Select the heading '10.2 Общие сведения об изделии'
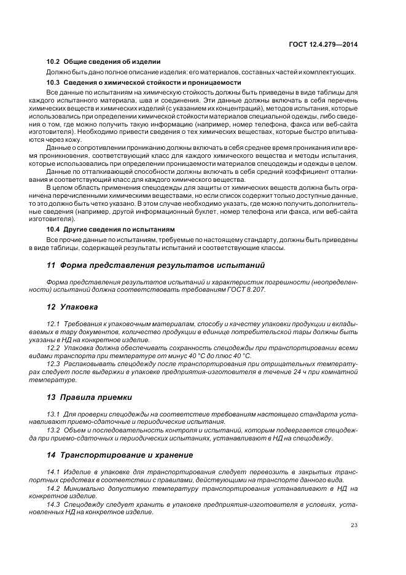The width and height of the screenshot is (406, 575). (103, 61)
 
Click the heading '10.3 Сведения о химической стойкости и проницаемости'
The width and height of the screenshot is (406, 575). (144, 82)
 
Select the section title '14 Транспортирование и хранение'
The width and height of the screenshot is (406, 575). (120, 455)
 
